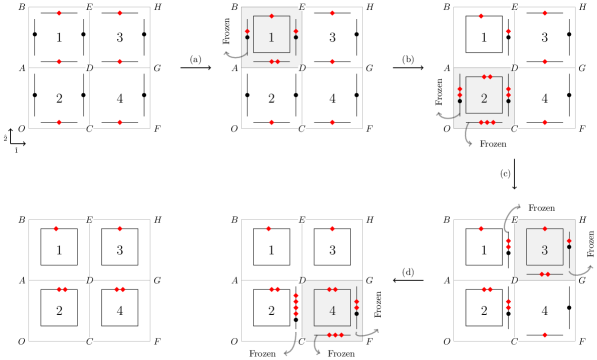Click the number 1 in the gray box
pyautogui.click(x=271, y=38)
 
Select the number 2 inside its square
pyautogui.click(x=484, y=98)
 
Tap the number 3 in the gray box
pyautogui.click(x=544, y=250)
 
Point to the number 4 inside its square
pyautogui.click(x=332, y=310)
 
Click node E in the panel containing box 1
pyautogui.click(x=302, y=7)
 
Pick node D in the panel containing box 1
pyautogui.click(x=302, y=68)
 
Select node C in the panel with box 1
pyautogui.click(x=302, y=128)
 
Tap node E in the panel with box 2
pyautogui.click(x=514, y=7)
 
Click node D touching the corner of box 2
pyautogui.click(x=514, y=68)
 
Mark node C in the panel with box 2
pyautogui.click(x=514, y=128)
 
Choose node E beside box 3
pyautogui.click(x=514, y=219)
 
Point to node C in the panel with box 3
pyautogui.click(x=514, y=340)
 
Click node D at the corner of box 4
pyautogui.click(x=302, y=280)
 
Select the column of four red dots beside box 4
pyautogui.click(x=296, y=304)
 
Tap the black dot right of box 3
pyautogui.click(x=569, y=247)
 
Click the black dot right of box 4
pyautogui.click(x=356, y=314)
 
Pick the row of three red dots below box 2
pyautogui.click(x=487, y=122)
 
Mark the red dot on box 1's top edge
pyautogui.click(x=271, y=15)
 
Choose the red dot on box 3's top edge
pyautogui.click(x=545, y=228)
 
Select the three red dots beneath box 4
pyautogui.click(x=335, y=335)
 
